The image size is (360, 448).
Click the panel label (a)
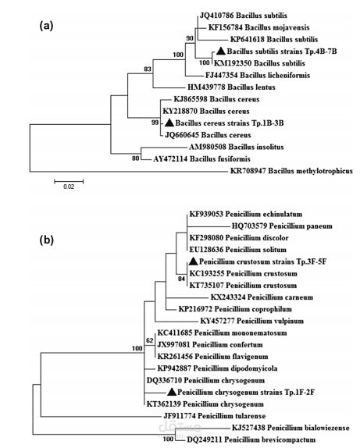(x=46, y=26)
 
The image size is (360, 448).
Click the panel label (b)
(x=46, y=240)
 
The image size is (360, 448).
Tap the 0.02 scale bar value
(x=69, y=187)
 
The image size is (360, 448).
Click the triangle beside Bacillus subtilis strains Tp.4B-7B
(x=220, y=51)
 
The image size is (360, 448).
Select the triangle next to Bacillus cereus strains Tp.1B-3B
(x=169, y=123)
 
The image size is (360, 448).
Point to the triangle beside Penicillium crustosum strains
(x=194, y=261)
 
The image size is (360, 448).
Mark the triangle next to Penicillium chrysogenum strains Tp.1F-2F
(x=172, y=392)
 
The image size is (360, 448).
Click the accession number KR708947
(x=248, y=171)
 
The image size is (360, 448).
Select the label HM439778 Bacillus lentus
(x=231, y=87)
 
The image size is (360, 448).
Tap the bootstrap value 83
(x=148, y=69)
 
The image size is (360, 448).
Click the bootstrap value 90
(x=190, y=38)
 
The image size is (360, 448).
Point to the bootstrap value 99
(x=155, y=123)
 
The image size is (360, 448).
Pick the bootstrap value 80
(x=136, y=158)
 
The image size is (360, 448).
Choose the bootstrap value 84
(x=182, y=279)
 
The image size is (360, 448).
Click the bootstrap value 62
(x=150, y=340)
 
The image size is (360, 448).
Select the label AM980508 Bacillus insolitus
(x=236, y=147)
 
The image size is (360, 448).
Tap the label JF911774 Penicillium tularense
(x=215, y=416)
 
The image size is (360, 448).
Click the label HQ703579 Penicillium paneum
(x=282, y=226)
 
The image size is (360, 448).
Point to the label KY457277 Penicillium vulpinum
(x=252, y=321)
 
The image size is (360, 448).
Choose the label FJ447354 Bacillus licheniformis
(x=258, y=75)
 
